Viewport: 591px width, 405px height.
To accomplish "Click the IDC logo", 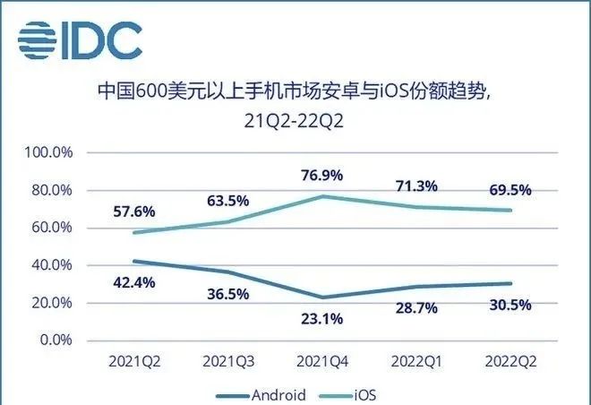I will click(81, 39).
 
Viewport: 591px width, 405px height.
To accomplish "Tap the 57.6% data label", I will click(134, 212).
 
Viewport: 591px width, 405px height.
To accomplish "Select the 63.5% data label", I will click(227, 199).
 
